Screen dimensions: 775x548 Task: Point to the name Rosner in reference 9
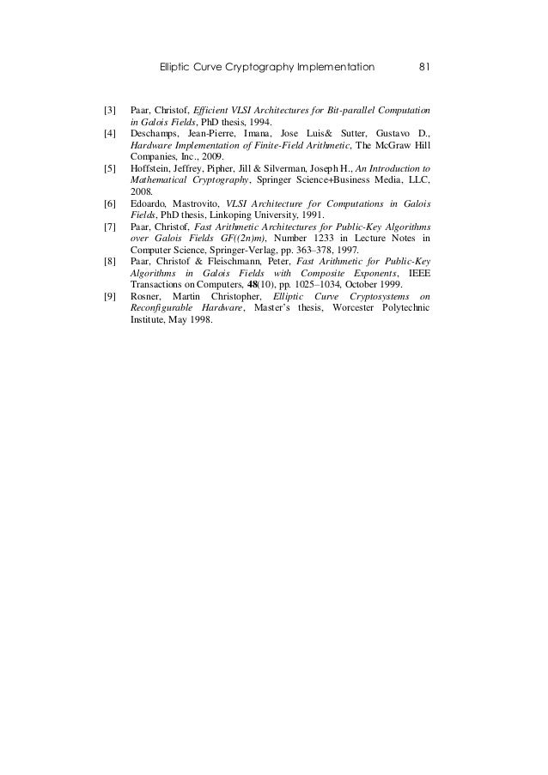pyautogui.click(x=146, y=296)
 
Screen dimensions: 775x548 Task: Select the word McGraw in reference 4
pyautogui.click(x=390, y=146)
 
